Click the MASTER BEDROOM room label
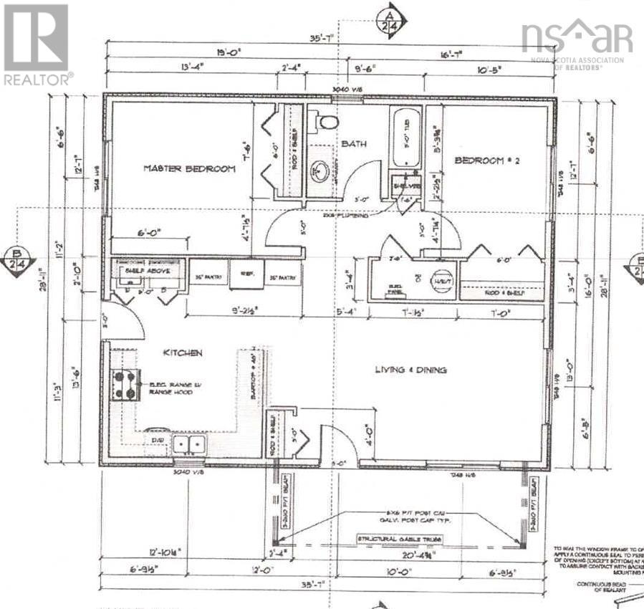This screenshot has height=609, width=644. (189, 168)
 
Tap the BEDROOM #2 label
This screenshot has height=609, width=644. (486, 161)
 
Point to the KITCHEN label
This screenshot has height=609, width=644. (182, 353)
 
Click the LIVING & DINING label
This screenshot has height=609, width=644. (410, 370)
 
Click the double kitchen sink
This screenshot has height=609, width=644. (188, 445)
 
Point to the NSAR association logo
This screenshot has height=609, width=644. (577, 42)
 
